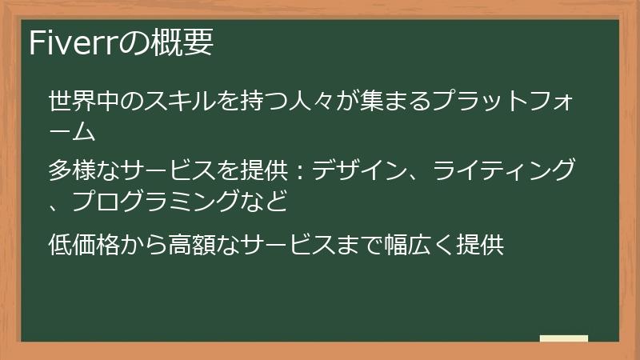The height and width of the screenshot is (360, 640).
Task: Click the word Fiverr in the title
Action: pos(73,42)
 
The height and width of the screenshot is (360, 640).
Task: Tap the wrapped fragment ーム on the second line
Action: pos(78,130)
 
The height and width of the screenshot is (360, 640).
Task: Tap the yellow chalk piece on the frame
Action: pos(563,338)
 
